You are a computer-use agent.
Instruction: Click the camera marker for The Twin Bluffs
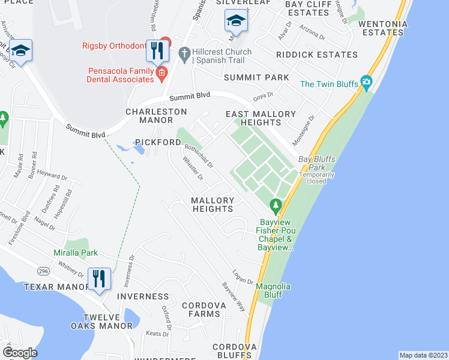(366, 83)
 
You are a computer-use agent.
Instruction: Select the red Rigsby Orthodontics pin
(166, 43)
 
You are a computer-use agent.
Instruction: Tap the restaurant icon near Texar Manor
(99, 279)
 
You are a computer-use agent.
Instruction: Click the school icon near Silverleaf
(236, 22)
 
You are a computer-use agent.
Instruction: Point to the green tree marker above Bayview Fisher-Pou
(276, 206)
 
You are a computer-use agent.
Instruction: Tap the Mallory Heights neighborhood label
(212, 205)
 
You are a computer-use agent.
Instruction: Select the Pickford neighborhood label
(158, 142)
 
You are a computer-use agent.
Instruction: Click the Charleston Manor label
(156, 116)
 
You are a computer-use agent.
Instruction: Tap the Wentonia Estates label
(383, 28)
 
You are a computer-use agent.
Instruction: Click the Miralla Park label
(76, 253)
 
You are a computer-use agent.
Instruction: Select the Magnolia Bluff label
(273, 290)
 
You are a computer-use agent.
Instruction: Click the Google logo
(20, 353)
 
